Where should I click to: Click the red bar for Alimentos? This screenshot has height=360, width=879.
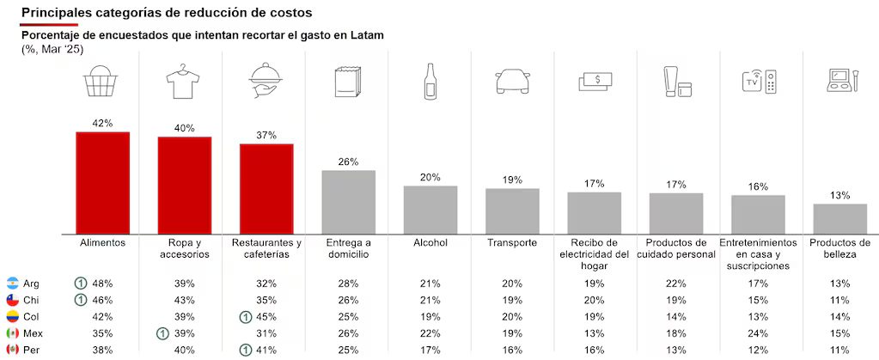102,182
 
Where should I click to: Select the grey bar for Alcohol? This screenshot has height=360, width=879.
430,210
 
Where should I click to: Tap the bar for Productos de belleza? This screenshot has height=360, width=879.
839,218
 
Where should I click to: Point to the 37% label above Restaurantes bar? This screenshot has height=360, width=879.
266,135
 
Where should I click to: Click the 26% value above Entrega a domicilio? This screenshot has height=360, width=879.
348,162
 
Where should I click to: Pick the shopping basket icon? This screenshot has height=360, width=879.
102,82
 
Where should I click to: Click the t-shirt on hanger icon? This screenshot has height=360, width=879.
184,82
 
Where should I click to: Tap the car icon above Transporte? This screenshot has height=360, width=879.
512,82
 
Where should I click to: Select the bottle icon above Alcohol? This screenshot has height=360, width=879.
430,82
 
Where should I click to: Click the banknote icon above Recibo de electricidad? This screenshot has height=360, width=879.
595,81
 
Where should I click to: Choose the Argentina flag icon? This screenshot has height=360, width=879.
13,283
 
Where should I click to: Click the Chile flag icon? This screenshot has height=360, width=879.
13,300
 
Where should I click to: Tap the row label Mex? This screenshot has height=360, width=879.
33,333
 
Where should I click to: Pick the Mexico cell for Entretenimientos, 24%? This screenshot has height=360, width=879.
758,333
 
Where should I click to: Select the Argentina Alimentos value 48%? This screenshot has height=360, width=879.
102,284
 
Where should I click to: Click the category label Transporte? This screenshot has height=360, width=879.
512,243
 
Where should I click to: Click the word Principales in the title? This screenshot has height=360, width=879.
56,13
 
